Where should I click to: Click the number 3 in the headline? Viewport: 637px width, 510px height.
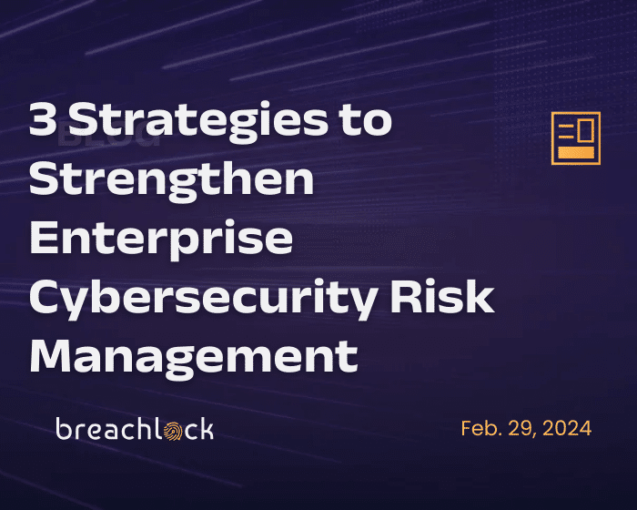pyautogui.click(x=42, y=118)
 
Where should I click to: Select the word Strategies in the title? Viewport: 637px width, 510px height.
pyautogui.click(x=198, y=122)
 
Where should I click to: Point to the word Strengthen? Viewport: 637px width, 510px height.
pyautogui.click(x=171, y=180)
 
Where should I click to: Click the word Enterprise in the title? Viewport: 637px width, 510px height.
pyautogui.click(x=161, y=240)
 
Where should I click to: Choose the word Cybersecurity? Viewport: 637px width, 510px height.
pyautogui.click(x=203, y=299)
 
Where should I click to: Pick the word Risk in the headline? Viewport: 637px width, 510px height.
pyautogui.click(x=442, y=296)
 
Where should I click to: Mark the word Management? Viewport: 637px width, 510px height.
pyautogui.click(x=194, y=358)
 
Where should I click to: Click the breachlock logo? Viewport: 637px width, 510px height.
pyautogui.click(x=135, y=429)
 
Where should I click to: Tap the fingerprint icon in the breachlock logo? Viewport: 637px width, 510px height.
pyautogui.click(x=173, y=431)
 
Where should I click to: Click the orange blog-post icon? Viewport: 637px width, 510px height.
pyautogui.click(x=576, y=138)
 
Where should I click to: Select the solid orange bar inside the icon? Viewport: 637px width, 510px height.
pyautogui.click(x=576, y=153)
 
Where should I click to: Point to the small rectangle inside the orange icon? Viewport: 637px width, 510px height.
pyautogui.click(x=586, y=130)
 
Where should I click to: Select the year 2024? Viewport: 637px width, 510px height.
pyautogui.click(x=567, y=428)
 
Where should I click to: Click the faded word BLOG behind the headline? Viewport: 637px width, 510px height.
pyautogui.click(x=109, y=137)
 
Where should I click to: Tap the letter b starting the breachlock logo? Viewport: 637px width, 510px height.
pyautogui.click(x=64, y=429)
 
